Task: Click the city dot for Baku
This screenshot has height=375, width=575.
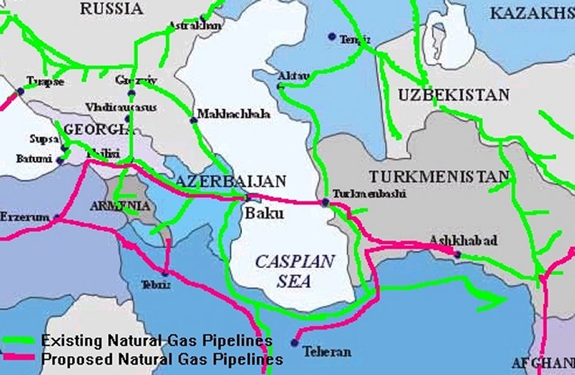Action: coord(248,197)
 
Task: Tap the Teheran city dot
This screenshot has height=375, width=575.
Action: coord(295,343)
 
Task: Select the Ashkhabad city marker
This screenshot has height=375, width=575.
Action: coord(457,255)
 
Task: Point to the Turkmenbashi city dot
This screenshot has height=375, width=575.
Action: coord(323,203)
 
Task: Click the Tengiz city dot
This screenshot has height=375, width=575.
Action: coord(331,36)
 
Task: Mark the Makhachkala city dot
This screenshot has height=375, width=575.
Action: coord(192,120)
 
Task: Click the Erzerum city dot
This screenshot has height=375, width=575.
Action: coord(57,216)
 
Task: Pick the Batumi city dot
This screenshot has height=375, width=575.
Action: coord(58,160)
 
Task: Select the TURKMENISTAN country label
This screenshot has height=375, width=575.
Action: coord(438,176)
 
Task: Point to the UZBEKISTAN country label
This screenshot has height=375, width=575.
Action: coord(453,95)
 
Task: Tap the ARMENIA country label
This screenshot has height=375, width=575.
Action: coord(119,206)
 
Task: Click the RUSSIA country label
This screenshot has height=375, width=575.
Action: coord(113,9)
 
